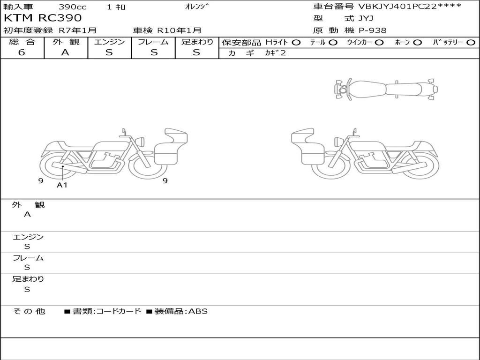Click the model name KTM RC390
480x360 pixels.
coord(43,18)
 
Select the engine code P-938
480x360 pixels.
coord(372,30)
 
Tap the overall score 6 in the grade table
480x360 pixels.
coord(22,52)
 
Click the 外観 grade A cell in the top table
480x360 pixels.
coord(65,52)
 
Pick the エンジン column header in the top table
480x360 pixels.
coord(109,42)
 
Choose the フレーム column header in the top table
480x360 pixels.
coord(153,42)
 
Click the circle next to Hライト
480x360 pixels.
coord(296,43)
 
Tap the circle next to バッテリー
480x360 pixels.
coord(471,43)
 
